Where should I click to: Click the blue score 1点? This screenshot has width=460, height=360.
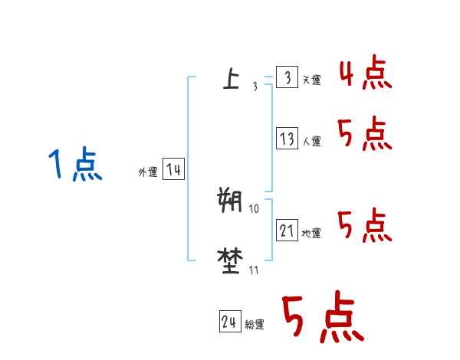point(75,165)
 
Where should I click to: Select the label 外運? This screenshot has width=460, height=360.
point(147,173)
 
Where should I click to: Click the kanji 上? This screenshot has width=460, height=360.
point(230,79)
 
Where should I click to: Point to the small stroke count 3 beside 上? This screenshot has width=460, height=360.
point(255,87)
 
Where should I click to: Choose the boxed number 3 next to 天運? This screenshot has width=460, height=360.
point(287,77)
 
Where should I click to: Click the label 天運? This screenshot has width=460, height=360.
point(312,80)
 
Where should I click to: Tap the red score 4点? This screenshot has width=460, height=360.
point(365,74)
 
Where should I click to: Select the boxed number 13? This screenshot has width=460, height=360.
point(287,139)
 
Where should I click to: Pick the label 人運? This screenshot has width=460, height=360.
point(312,142)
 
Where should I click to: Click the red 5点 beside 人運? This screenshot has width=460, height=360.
point(365,135)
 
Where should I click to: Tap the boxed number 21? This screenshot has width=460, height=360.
point(287,231)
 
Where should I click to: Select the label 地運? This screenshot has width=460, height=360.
point(312,234)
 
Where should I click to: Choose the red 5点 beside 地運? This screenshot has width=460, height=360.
point(365,227)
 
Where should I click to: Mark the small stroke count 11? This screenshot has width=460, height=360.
point(254,270)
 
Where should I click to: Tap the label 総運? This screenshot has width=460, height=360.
point(254,326)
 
